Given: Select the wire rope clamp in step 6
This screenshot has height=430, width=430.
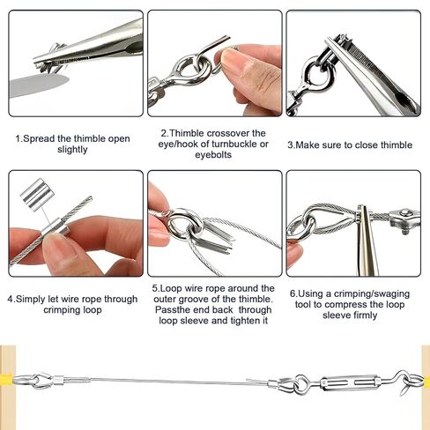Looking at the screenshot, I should [x=401, y=216].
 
